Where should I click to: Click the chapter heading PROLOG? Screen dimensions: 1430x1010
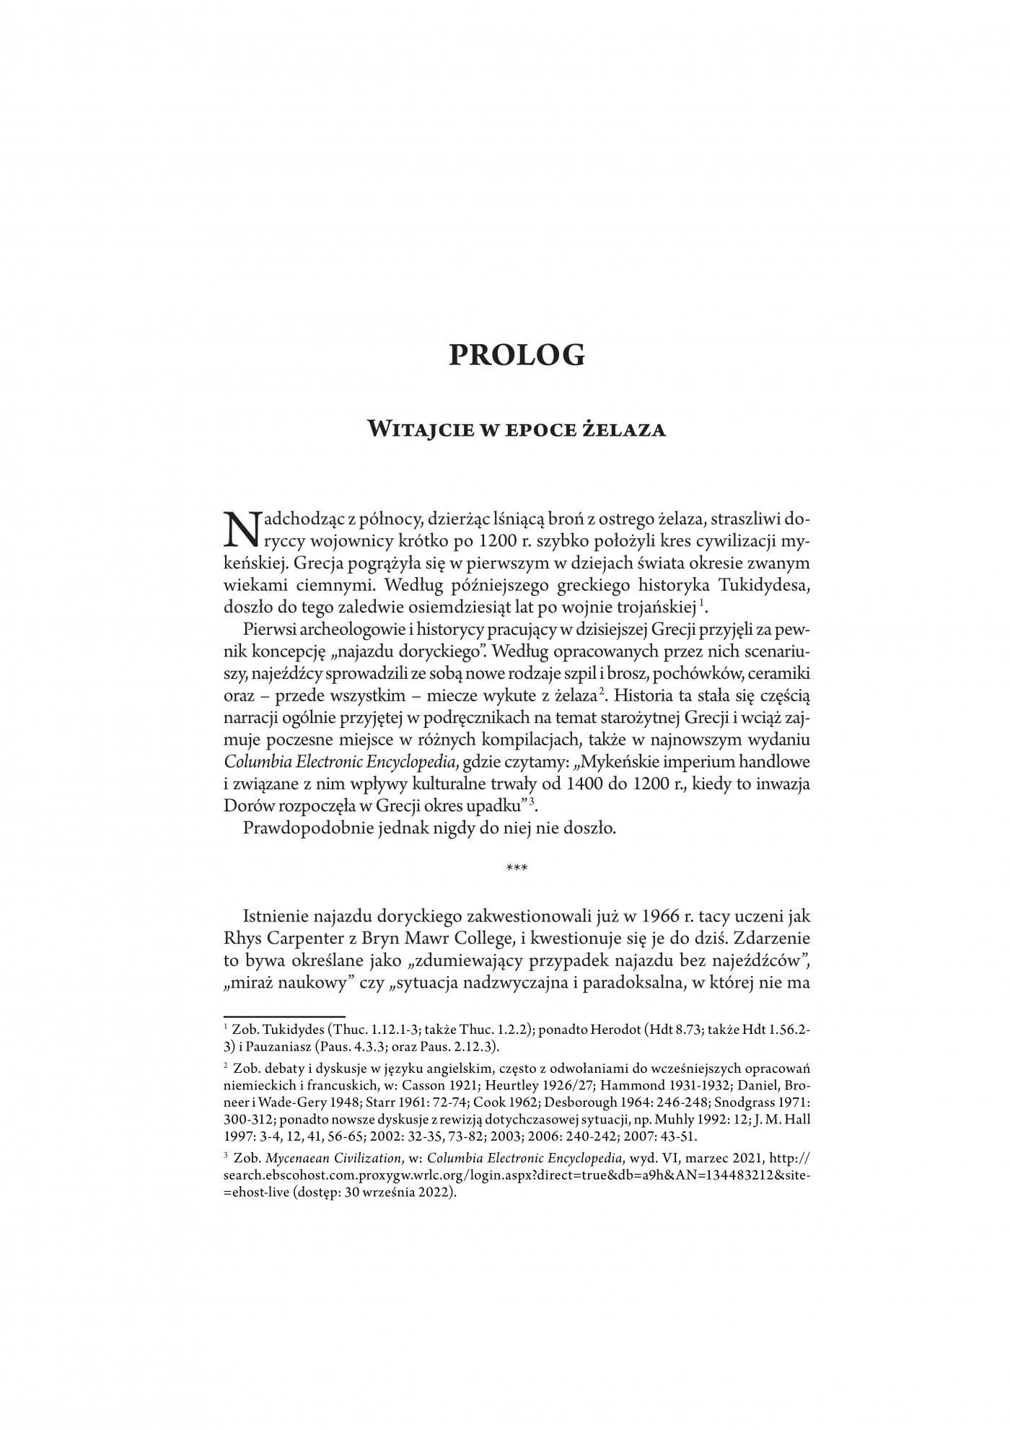516,355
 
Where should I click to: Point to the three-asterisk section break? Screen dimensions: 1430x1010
517,869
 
